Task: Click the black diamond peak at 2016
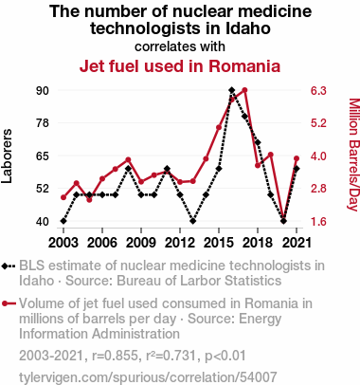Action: [x=232, y=90]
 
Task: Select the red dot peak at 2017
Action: [x=244, y=90]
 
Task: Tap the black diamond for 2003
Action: [x=63, y=221]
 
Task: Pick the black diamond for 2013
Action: [x=193, y=221]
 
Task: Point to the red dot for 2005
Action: [x=89, y=200]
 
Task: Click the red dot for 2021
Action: [x=297, y=158]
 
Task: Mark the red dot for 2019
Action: [x=271, y=155]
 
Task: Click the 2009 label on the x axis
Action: [x=141, y=243]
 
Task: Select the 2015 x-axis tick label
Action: [x=219, y=243]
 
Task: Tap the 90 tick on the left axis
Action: [x=43, y=91]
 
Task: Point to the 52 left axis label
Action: [x=43, y=189]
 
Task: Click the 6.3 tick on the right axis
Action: [x=318, y=91]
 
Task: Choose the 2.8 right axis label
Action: [x=318, y=189]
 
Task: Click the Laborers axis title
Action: [x=7, y=156]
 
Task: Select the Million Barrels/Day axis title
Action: [x=354, y=155]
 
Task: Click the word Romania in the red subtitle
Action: [x=244, y=66]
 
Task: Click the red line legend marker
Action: [x=9, y=303]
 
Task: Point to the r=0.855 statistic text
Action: [x=115, y=356]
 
